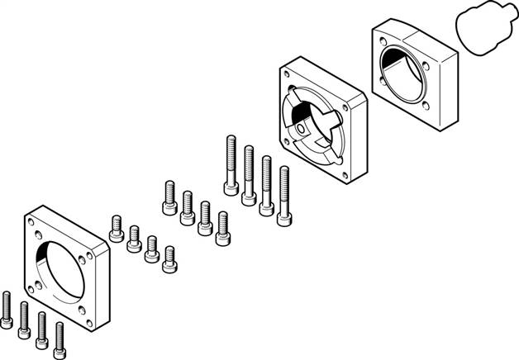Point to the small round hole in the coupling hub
pos(302,129)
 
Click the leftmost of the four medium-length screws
pos(169,197)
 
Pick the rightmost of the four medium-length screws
pos(222,229)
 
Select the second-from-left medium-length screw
pos(187,206)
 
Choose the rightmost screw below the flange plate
pos(60,335)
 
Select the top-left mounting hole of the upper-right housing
pos(381,37)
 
